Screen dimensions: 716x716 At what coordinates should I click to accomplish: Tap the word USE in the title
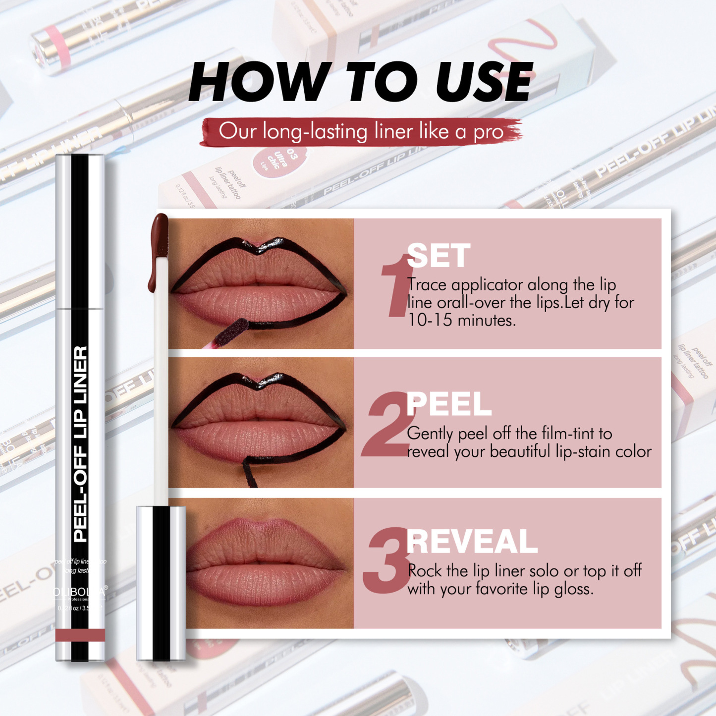483,83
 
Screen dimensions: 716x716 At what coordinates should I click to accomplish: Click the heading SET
439,256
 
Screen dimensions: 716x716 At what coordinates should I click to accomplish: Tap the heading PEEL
448,404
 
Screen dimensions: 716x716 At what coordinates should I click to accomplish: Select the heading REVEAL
472,542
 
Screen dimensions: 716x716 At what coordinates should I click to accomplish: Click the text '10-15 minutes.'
461,321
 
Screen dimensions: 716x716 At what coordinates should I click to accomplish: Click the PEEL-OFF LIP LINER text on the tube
80,443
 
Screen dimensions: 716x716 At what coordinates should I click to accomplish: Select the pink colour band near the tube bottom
80,635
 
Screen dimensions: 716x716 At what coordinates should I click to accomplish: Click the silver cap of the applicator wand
161,583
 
